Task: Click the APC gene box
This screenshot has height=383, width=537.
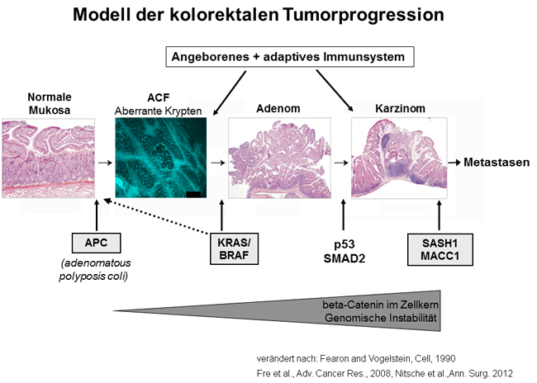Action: pyautogui.click(x=96, y=243)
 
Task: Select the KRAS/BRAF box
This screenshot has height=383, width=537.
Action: pyautogui.click(x=235, y=248)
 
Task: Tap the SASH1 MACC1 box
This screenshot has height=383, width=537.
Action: pyautogui.click(x=440, y=249)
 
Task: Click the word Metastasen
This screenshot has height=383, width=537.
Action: pyautogui.click(x=497, y=163)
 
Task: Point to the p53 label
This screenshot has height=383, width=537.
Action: pyautogui.click(x=345, y=244)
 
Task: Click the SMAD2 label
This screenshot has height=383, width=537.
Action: pyautogui.click(x=345, y=258)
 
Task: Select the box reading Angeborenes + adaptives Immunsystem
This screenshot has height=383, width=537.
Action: pyautogui.click(x=290, y=57)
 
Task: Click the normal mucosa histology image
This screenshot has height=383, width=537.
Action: pyautogui.click(x=48, y=158)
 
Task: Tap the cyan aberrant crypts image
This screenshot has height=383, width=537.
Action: pyautogui.click(x=160, y=158)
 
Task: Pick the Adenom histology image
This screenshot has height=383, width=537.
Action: pyautogui.click(x=279, y=158)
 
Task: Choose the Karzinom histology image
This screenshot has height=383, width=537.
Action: pyautogui.click(x=399, y=158)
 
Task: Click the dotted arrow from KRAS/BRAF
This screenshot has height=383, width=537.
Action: pyautogui.click(x=156, y=216)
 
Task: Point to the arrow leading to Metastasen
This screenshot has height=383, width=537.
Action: pyautogui.click(x=454, y=163)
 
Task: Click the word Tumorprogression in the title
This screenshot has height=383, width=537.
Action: pyautogui.click(x=364, y=15)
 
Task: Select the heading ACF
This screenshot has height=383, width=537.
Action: pyautogui.click(x=159, y=97)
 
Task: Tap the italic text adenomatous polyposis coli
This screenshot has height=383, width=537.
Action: pyautogui.click(x=94, y=269)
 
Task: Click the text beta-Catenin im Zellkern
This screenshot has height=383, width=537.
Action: pyautogui.click(x=380, y=305)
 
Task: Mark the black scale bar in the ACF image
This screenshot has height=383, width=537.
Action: pyautogui.click(x=193, y=195)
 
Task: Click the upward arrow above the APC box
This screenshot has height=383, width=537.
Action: pyautogui.click(x=97, y=215)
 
